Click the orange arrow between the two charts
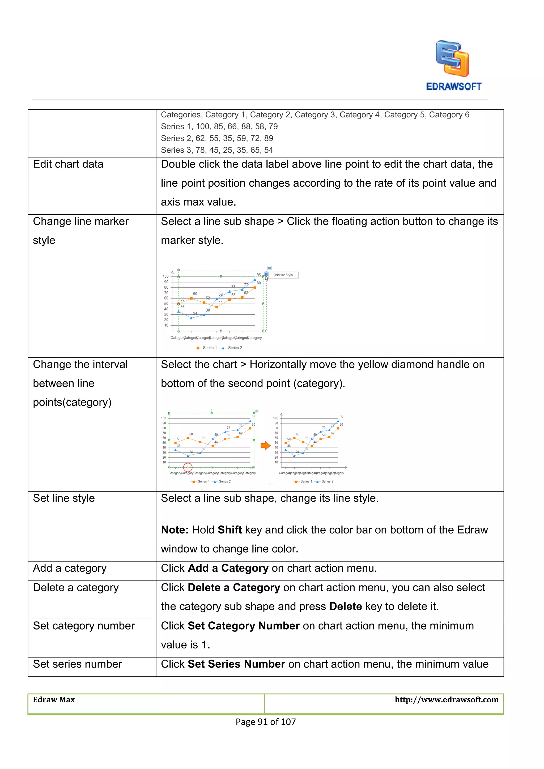click(265, 446)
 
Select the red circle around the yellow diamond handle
click(188, 467)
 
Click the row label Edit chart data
click(68, 164)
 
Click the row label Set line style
click(64, 498)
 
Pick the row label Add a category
click(69, 568)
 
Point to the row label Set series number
click(77, 664)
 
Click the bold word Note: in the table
click(175, 530)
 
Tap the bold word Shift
click(229, 530)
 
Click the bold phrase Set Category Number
click(244, 626)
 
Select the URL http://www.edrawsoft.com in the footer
click(446, 700)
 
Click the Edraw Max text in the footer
click(54, 700)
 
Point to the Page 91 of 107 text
click(266, 722)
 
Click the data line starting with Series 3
click(217, 150)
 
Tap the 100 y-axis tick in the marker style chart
click(165, 276)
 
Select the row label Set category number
click(83, 626)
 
